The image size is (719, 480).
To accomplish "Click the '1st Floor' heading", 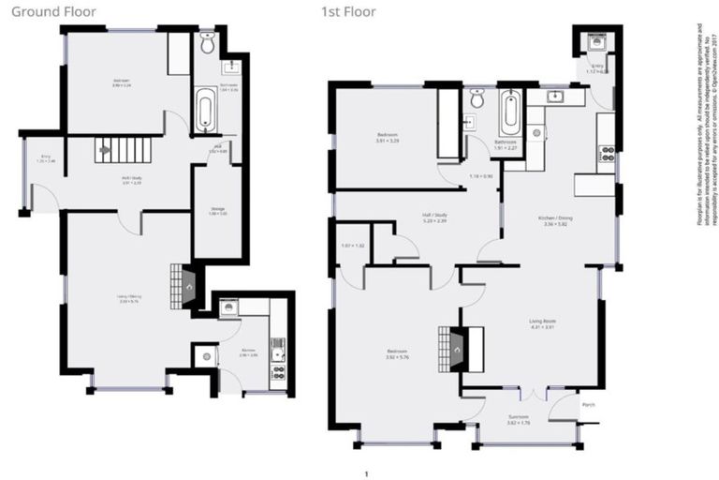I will pyautogui.click(x=344, y=13).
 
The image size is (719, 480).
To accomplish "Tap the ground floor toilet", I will pyautogui.click(x=208, y=42).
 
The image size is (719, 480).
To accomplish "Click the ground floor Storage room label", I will pyautogui.click(x=216, y=211).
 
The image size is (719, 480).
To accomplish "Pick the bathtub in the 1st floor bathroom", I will pyautogui.click(x=510, y=112).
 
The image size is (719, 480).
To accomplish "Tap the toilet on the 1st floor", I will pyautogui.click(x=477, y=97).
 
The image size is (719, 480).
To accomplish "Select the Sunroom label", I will pyautogui.click(x=519, y=420).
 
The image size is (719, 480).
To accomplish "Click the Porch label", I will pyautogui.click(x=588, y=405).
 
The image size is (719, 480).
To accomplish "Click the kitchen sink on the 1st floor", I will pyautogui.click(x=554, y=96).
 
